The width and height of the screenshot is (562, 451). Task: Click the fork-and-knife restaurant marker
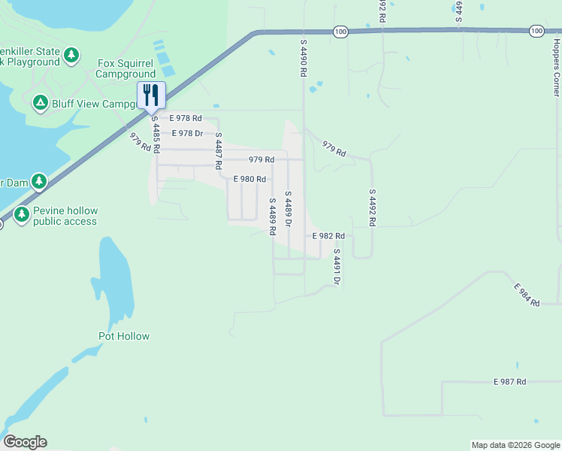151,95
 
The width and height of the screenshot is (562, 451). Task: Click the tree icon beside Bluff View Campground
40,102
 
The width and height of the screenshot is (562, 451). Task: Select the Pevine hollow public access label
65,216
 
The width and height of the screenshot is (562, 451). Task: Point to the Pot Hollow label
124,336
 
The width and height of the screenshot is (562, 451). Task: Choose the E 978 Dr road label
188,133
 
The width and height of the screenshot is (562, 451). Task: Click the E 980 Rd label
249,179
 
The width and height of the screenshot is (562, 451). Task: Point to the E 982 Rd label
328,236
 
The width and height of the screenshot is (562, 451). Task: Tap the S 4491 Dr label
337,267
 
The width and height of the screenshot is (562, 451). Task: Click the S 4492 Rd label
371,207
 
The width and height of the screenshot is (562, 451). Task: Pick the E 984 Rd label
527,295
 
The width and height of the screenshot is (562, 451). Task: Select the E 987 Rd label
510,382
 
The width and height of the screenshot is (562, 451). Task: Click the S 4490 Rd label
304,59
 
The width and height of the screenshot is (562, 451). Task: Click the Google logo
25,442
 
